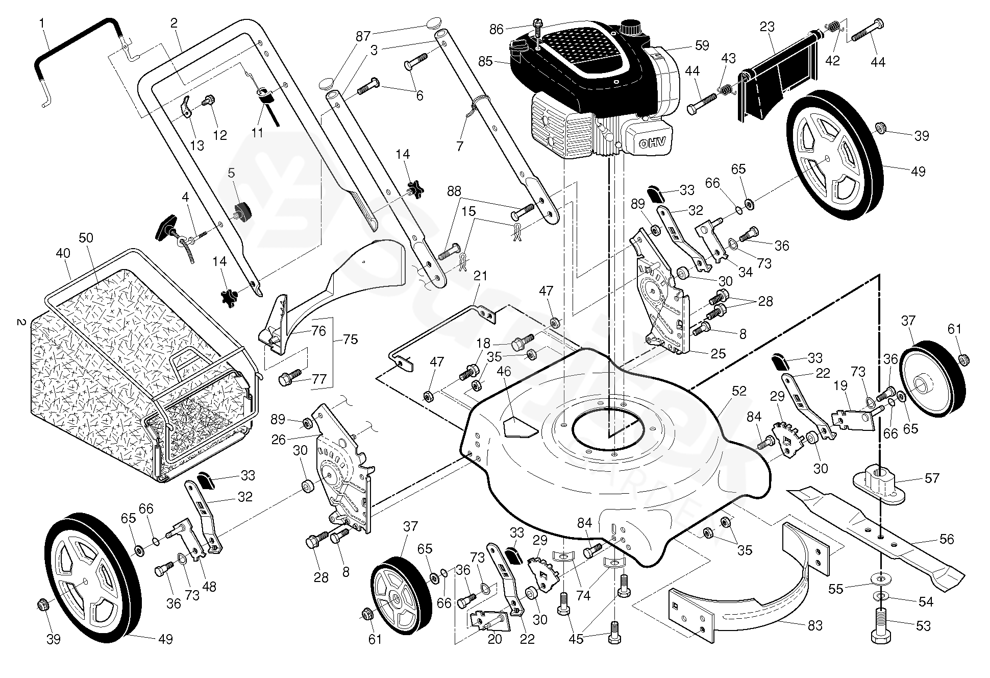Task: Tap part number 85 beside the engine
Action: point(485,61)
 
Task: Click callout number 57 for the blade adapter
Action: point(932,478)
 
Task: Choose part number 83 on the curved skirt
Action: point(815,625)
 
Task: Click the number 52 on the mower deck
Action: point(739,392)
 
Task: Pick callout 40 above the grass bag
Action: point(63,253)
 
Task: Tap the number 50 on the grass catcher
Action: point(86,238)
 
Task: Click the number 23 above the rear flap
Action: point(767,27)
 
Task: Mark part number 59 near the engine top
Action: point(702,45)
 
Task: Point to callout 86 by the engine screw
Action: point(497,29)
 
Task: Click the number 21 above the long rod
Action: point(480,276)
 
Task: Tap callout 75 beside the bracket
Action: point(351,340)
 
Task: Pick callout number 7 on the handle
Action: point(460,147)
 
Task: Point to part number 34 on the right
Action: point(746,272)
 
